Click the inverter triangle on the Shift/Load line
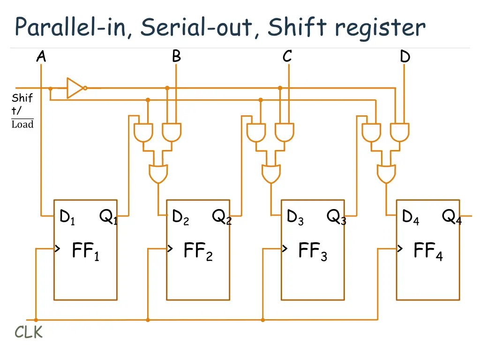click(75, 88)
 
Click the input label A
click(41, 57)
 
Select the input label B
click(176, 57)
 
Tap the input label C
click(287, 57)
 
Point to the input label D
click(405, 57)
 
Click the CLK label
click(29, 332)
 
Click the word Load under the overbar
click(22, 125)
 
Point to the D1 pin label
click(67, 217)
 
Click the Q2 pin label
click(222, 217)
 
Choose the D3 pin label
click(295, 217)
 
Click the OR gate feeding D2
click(158, 173)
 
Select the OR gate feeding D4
click(386, 173)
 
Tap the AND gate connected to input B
click(172, 133)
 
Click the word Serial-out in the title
click(199, 27)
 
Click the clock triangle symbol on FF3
click(284, 248)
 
